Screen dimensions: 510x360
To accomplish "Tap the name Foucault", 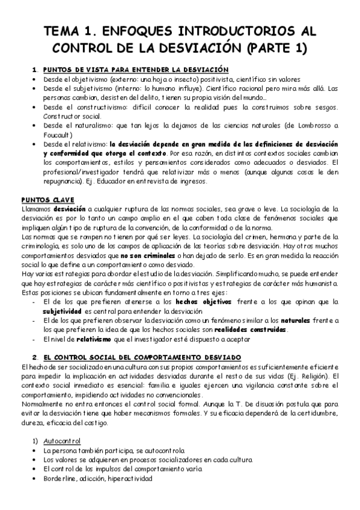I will point(57,135).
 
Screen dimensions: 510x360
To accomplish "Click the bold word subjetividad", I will point(63,311).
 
